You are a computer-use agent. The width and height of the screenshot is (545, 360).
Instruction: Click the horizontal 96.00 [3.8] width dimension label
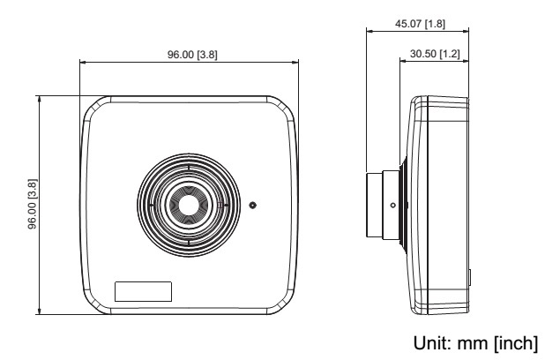(192, 55)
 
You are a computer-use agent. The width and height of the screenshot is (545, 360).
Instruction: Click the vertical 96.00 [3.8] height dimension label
(33, 204)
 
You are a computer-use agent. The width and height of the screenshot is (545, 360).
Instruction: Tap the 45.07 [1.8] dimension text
(420, 24)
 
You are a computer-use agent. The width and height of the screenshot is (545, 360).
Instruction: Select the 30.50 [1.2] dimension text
(435, 54)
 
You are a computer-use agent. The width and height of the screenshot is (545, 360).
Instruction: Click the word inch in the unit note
(516, 343)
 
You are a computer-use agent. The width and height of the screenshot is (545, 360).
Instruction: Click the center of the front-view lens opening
(189, 205)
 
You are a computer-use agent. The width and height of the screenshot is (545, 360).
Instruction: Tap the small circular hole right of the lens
(253, 205)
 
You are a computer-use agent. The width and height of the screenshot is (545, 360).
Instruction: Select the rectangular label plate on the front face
(143, 291)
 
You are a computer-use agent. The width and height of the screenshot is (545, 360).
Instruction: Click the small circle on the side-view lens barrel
(392, 206)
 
